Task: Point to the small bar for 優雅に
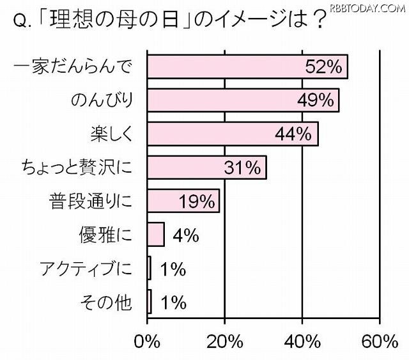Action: point(156,235)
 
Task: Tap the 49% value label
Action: point(316,100)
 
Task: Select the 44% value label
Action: point(295,134)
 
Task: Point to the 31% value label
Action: point(242,168)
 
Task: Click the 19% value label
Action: point(197,201)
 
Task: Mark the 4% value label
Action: point(186,235)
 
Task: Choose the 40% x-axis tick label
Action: point(302,341)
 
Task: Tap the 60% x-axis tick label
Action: point(380,341)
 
